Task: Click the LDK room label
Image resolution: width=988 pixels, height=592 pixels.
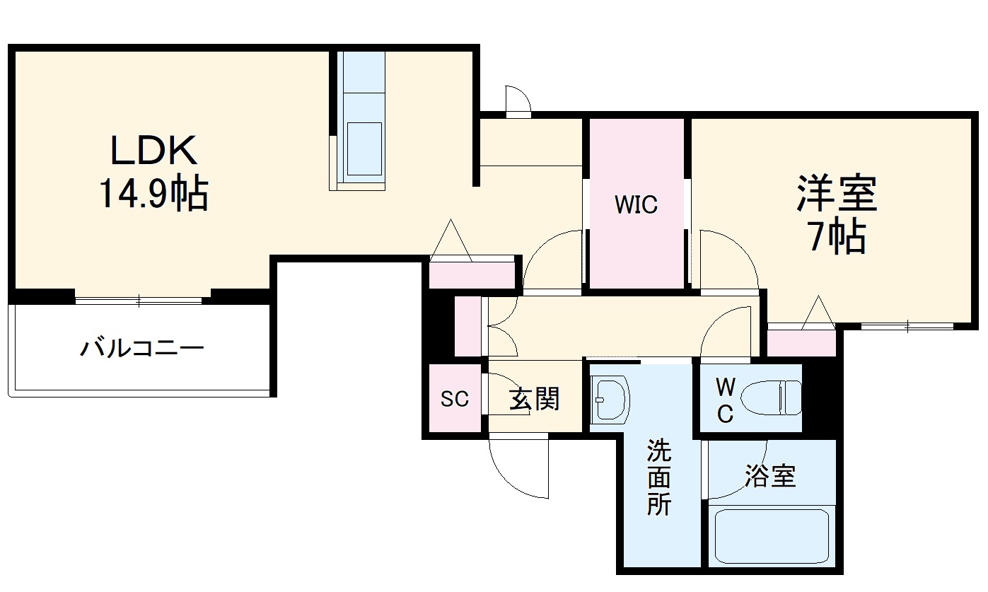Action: coord(152,150)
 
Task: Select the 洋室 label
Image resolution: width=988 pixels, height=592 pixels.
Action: coord(837,193)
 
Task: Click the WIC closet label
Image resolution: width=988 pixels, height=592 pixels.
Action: coord(636,205)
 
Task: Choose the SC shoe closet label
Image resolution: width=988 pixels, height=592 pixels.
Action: coord(455,400)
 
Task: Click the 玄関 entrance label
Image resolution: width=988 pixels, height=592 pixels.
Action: coord(535,400)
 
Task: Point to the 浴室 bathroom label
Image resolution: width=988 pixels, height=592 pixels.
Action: coord(770,476)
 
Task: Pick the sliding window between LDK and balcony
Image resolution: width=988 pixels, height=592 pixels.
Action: coord(139,301)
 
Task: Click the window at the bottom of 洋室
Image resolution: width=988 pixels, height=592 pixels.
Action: coord(907,326)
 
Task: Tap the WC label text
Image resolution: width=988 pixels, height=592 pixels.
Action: coord(725,400)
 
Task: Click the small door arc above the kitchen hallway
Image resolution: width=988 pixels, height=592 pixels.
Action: coord(518,100)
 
